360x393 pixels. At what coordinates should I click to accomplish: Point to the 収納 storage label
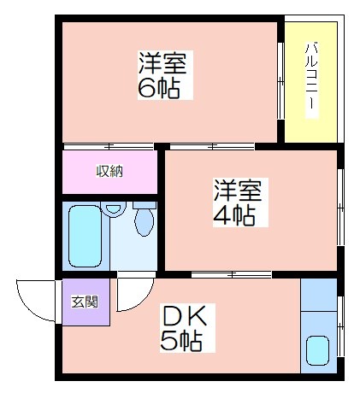click(109, 172)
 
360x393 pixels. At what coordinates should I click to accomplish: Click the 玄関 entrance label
click(85, 302)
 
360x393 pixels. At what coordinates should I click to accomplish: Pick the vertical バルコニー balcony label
click(311, 80)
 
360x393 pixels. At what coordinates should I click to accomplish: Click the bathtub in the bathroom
click(86, 236)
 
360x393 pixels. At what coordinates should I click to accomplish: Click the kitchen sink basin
click(317, 350)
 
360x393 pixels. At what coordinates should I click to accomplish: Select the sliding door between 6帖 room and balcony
click(280, 81)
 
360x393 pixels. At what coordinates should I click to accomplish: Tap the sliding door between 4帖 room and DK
click(231, 275)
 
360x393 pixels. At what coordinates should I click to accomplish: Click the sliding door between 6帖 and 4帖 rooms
click(212, 147)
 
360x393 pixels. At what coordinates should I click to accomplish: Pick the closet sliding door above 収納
click(109, 147)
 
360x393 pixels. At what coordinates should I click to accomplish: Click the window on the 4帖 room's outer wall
click(340, 208)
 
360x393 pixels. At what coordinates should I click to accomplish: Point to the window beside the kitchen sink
click(340, 326)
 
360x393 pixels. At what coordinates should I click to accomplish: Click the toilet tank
click(145, 205)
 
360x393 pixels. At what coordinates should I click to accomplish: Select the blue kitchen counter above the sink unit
click(319, 295)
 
